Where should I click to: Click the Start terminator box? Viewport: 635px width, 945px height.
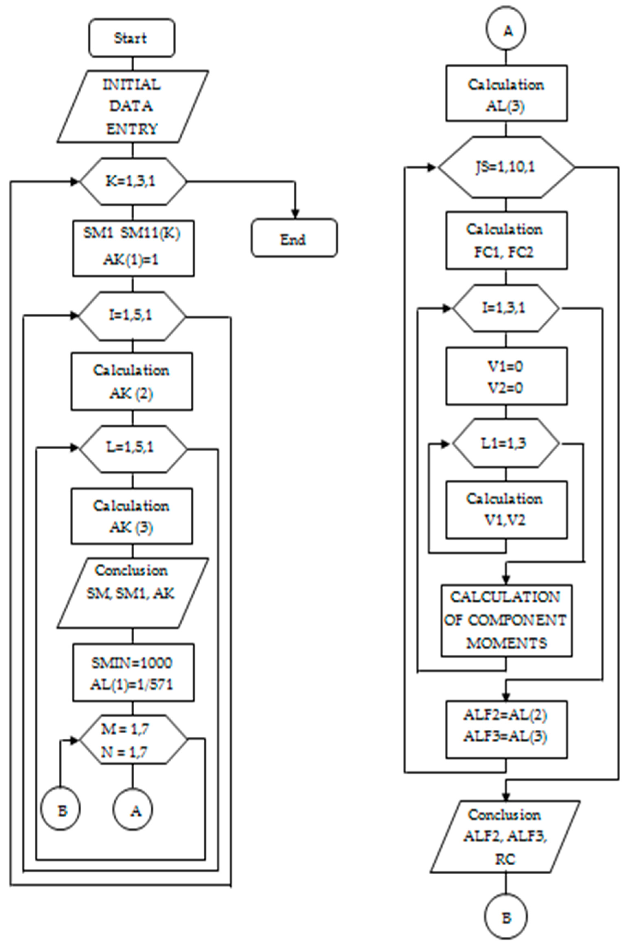[132, 38]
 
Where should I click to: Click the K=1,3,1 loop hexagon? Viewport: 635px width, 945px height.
[133, 181]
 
